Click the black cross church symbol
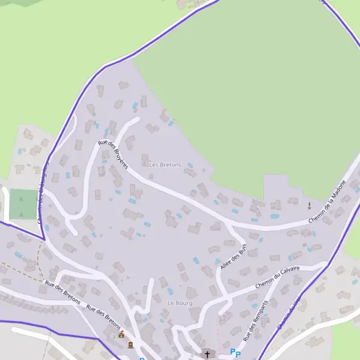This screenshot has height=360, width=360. [x=208, y=355]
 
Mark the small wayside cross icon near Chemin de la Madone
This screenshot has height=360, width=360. [x=310, y=205]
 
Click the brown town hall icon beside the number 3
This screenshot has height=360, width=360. [x=121, y=335]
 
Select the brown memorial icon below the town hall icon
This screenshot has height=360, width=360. [x=130, y=344]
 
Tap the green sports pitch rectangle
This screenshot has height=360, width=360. [x=22, y=204]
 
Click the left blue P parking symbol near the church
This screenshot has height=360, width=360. [x=232, y=352]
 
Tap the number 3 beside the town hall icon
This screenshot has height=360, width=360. [x=113, y=337]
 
